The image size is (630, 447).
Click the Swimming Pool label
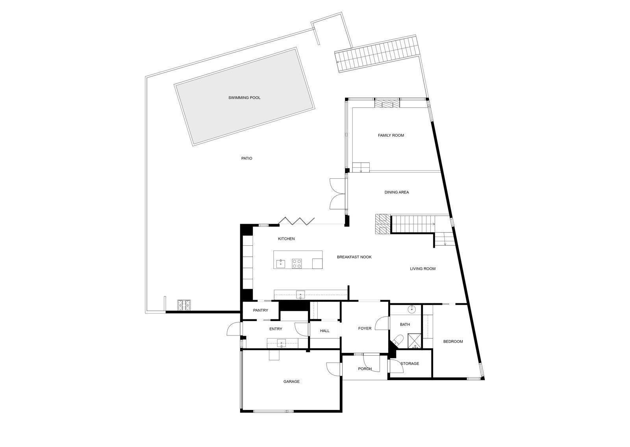point(244,98)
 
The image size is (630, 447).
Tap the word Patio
point(246,158)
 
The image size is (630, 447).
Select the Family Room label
point(391,135)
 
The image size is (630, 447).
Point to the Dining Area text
point(397,193)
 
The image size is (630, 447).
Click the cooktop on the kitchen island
point(296,263)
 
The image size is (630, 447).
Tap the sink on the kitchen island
point(280,263)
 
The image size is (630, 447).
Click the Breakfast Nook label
point(354,257)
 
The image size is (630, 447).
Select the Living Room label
point(422,269)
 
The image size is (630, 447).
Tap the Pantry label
point(260,311)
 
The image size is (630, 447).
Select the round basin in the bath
point(412,310)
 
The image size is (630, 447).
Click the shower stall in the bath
point(415,341)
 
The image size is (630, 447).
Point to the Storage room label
point(409,364)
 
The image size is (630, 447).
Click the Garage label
point(291,382)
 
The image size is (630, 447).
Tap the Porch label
point(365,369)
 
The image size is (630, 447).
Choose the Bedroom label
point(453,341)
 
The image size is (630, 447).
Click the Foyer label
point(365,328)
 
